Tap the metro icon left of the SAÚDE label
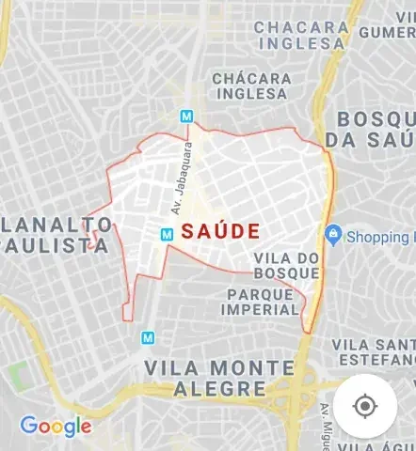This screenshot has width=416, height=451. pyautogui.click(x=167, y=234)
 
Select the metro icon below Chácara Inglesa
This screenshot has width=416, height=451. pyautogui.click(x=187, y=117)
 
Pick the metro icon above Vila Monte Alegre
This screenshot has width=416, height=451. pyautogui.click(x=148, y=336)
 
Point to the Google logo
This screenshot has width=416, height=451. pyautogui.click(x=56, y=427)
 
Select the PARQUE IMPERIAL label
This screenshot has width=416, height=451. pyautogui.click(x=262, y=302)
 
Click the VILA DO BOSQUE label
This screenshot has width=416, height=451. pyautogui.click(x=287, y=265)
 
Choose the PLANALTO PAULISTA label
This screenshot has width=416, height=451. pyautogui.click(x=57, y=235)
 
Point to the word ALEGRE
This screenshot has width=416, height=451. pyautogui.click(x=204, y=388)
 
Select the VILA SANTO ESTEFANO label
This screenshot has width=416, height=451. pyautogui.click(x=374, y=351)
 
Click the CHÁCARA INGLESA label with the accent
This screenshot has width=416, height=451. pyautogui.click(x=250, y=86)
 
